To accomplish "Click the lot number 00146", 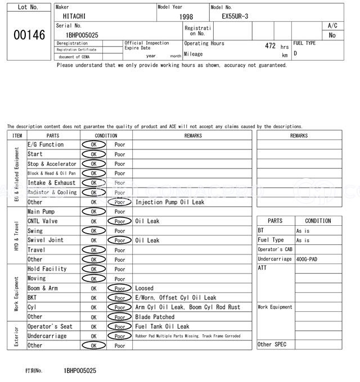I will pyautogui.click(x=29, y=35).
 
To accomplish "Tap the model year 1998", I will pyautogui.click(x=186, y=17).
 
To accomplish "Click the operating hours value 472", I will pyautogui.click(x=270, y=46).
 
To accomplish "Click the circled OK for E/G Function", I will pyautogui.click(x=93, y=145).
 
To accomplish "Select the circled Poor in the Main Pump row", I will pyautogui.click(x=120, y=212).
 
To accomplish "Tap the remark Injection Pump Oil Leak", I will pyautogui.click(x=170, y=202).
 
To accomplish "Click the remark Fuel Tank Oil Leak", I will pyautogui.click(x=162, y=326).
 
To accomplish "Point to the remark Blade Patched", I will pyautogui.click(x=155, y=317).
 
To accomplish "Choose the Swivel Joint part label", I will pyautogui.click(x=46, y=240).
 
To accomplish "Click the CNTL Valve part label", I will pyautogui.click(x=43, y=221).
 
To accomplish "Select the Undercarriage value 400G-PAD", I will pyautogui.click(x=306, y=260).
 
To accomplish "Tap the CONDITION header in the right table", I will pyautogui.click(x=318, y=221).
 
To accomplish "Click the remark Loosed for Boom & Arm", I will pyautogui.click(x=145, y=288).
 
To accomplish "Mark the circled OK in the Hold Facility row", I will pyautogui.click(x=93, y=269).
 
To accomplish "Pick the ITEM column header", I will pyautogui.click(x=17, y=135).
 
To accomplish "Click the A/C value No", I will pyautogui.click(x=332, y=35).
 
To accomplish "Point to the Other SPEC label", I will pyautogui.click(x=272, y=344).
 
